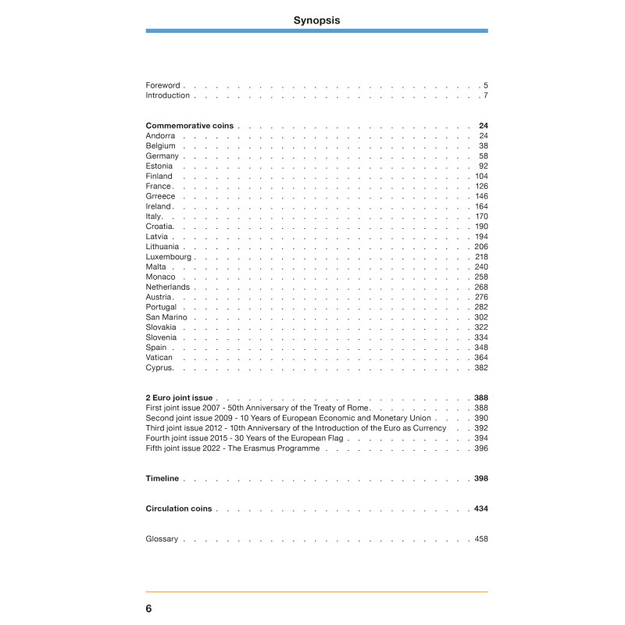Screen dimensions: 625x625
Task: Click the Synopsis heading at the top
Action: tap(316, 20)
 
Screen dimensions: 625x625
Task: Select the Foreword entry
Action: tap(162, 85)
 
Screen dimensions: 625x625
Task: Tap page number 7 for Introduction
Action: tap(485, 95)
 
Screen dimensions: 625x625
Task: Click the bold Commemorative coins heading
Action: tap(191, 126)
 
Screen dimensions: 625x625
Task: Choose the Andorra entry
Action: tap(160, 136)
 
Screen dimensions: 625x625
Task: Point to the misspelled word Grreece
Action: tap(160, 196)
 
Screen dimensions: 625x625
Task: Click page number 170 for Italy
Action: tap(481, 216)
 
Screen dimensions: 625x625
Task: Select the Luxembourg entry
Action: tap(168, 257)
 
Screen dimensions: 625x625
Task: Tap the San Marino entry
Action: tap(166, 317)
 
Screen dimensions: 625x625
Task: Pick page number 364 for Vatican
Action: tap(481, 358)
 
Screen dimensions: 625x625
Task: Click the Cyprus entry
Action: tap(159, 368)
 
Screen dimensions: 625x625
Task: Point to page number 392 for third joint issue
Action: tap(481, 428)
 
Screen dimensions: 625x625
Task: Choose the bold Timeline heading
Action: tap(162, 478)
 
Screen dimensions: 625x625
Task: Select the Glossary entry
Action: tap(162, 539)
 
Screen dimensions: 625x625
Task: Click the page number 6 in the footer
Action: tap(148, 609)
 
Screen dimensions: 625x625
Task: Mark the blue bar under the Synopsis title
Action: tap(316, 30)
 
